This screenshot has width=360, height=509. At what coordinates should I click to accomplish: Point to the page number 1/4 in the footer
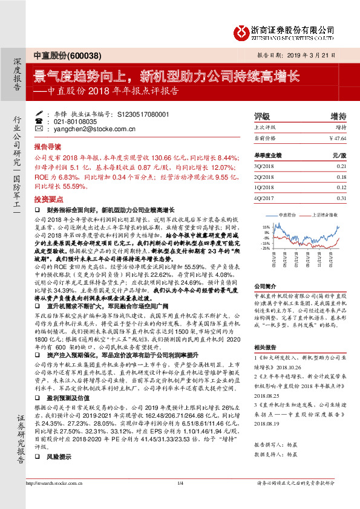pos(180,500)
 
